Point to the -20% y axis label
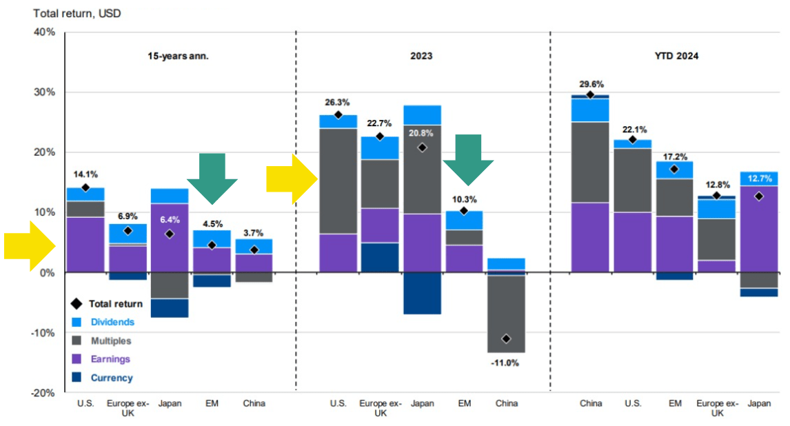click(x=43, y=393)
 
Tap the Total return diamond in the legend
click(x=76, y=303)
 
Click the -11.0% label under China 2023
click(x=505, y=363)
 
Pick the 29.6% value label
click(x=590, y=84)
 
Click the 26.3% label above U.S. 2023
click(x=338, y=103)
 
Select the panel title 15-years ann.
click(x=178, y=57)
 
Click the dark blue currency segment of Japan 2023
click(x=422, y=293)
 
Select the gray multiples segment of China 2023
click(x=506, y=314)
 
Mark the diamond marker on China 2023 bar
click(x=506, y=338)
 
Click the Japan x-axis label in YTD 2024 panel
click(x=761, y=404)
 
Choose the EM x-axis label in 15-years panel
click(x=212, y=404)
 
